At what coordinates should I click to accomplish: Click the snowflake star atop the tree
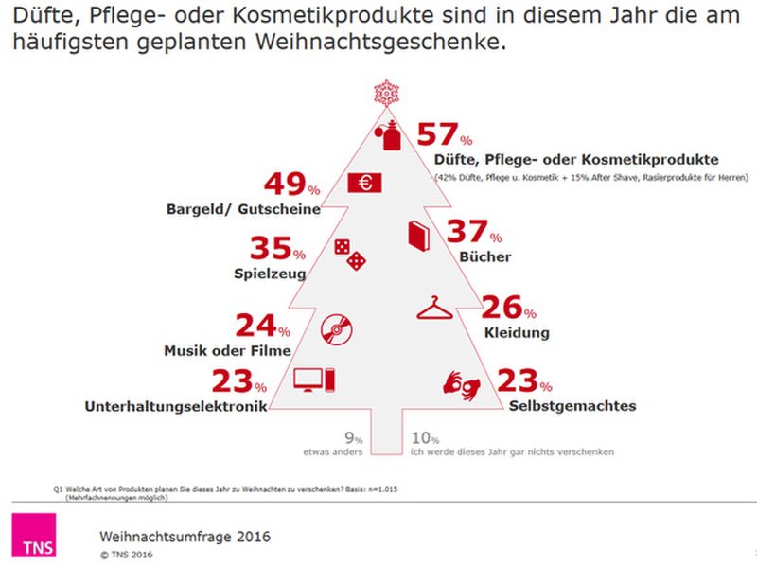point(386,93)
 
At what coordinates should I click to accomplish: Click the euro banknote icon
point(363,183)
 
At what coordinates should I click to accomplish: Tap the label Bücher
point(485,256)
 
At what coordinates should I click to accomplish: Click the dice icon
point(348,254)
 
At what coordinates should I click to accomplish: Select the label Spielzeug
point(269,275)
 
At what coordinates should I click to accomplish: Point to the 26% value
point(508,308)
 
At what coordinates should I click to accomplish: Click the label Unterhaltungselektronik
point(171,407)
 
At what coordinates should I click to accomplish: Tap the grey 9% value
point(354,437)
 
